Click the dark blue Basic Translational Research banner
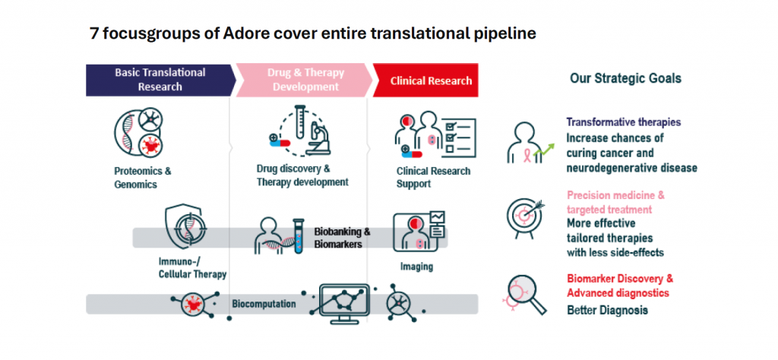pyautogui.click(x=159, y=79)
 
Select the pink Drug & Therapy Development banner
pyautogui.click(x=304, y=79)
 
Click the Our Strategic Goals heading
pyautogui.click(x=625, y=78)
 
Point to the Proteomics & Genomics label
pyautogui.click(x=143, y=178)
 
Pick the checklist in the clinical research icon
pyautogui.click(x=460, y=135)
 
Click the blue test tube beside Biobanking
pyautogui.click(x=298, y=236)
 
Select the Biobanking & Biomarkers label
pyautogui.click(x=343, y=238)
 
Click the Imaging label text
pyautogui.click(x=417, y=267)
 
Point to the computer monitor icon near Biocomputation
pyautogui.click(x=344, y=304)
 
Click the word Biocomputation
pyautogui.click(x=264, y=304)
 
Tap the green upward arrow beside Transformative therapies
pyautogui.click(x=544, y=148)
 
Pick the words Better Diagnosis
pyautogui.click(x=607, y=311)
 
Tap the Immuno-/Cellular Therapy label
pyautogui.click(x=192, y=268)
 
